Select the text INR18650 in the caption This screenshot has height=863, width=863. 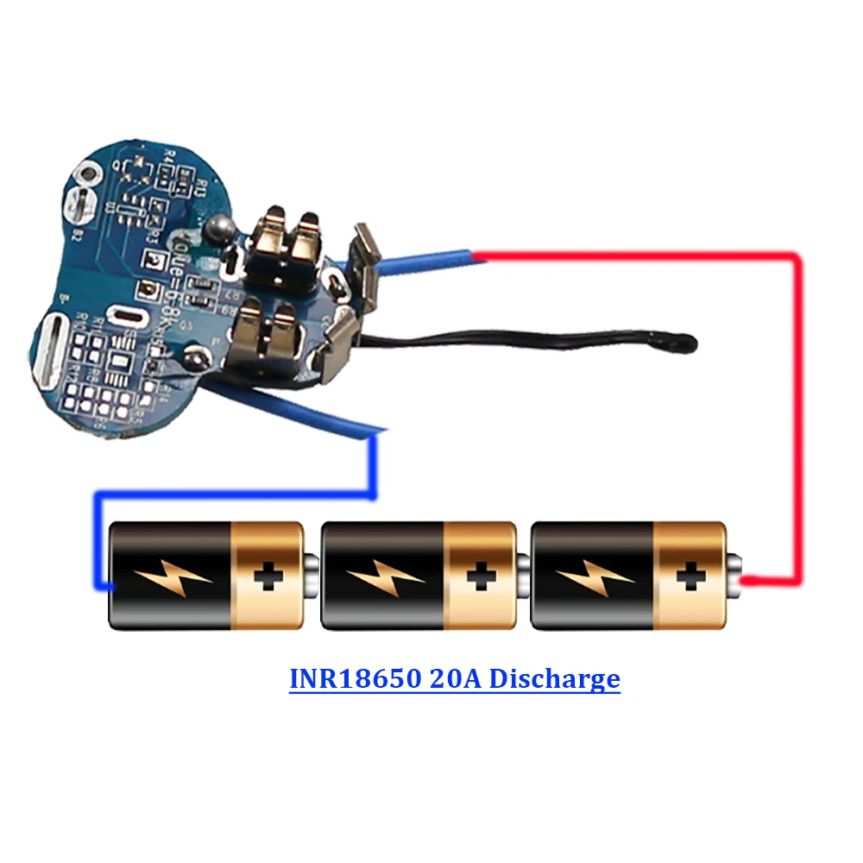[353, 678]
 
